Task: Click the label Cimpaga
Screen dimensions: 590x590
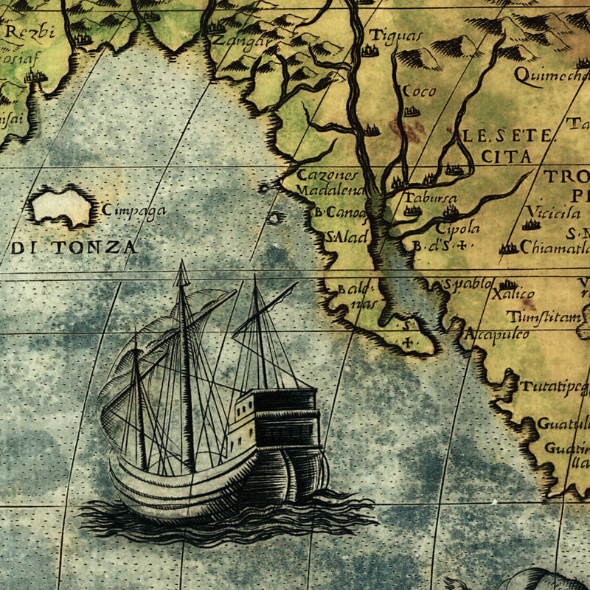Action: pos(134,210)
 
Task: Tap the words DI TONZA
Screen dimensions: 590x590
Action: pos(74,247)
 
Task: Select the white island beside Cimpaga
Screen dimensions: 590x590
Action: pos(62,206)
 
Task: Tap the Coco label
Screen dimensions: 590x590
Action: pos(418,91)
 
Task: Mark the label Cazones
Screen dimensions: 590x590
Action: pos(327,176)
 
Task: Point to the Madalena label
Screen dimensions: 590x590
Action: pos(330,190)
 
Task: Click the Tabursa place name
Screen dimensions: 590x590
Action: pos(430,198)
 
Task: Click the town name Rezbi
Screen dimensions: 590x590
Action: pos(26,32)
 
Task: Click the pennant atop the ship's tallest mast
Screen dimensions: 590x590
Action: pos(181,274)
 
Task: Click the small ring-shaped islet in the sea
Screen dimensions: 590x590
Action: pos(274,218)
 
